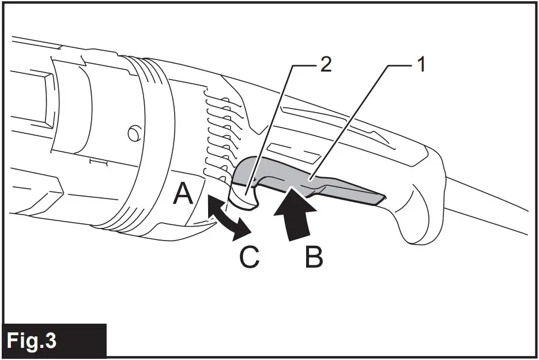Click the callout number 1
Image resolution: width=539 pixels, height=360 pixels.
click(421, 65)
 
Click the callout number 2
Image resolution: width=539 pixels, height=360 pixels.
click(326, 65)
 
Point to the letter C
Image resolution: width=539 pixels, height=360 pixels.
click(249, 257)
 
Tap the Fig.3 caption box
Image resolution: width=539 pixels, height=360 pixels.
click(55, 341)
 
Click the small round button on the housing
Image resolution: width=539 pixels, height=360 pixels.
click(133, 134)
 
